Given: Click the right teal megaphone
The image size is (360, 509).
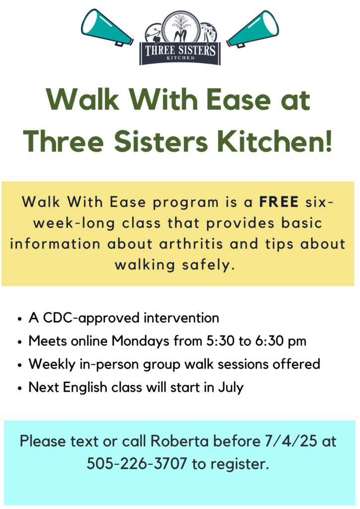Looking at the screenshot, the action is (253, 29).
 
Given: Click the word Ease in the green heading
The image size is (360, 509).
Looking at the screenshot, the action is (239, 100).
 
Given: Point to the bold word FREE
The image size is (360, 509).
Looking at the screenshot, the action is (279, 202).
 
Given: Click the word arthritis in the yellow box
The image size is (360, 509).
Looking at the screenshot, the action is (191, 244).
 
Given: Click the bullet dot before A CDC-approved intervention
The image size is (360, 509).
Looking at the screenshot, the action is (20, 319).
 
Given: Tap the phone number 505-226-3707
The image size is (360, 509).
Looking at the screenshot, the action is (137, 464).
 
